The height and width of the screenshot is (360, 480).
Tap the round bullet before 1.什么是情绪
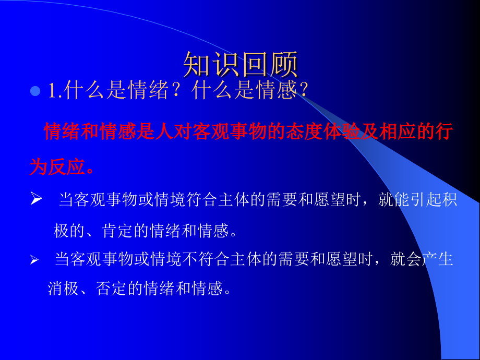point(35,92)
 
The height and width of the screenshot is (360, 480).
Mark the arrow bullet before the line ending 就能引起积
point(36,200)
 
